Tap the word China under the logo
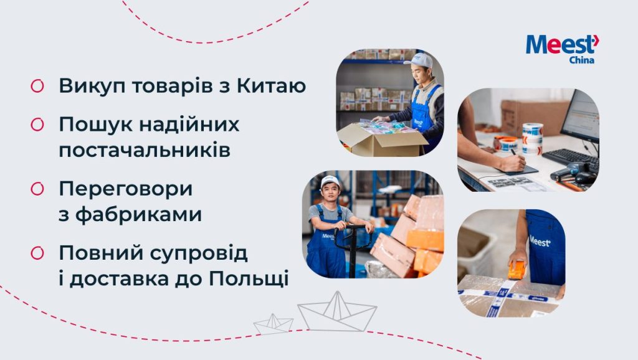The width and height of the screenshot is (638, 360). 581,60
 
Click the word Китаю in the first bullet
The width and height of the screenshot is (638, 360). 271,86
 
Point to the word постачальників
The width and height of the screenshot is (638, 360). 145,150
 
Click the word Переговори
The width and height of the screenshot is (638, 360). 126,189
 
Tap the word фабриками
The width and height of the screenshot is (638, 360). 138,214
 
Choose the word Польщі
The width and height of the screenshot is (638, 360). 249,278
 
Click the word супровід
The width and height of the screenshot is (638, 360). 199,253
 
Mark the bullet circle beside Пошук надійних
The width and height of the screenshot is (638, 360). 37,125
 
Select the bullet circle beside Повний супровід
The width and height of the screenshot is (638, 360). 37,253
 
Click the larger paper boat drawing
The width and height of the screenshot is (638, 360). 337,311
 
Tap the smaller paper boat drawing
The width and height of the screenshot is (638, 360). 274,324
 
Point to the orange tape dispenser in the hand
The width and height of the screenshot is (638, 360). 516,270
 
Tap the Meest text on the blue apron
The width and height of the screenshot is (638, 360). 540,241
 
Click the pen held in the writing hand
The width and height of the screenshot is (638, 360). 515,154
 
